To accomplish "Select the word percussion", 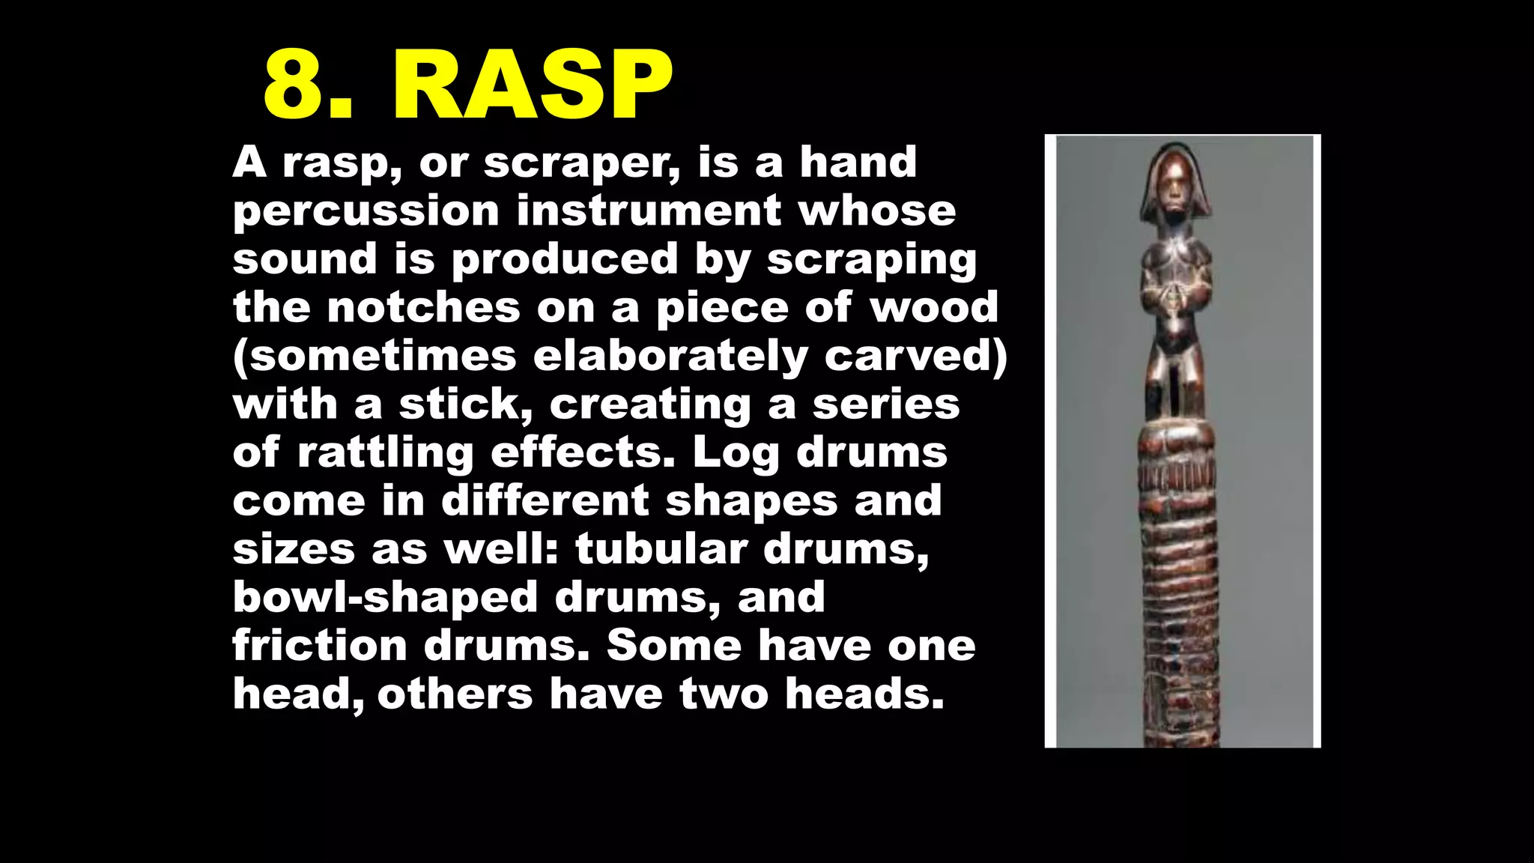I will click(366, 212).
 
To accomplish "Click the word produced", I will click(564, 260).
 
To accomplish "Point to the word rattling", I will click(385, 454).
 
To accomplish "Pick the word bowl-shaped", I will click(385, 598).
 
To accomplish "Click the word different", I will click(545, 500).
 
